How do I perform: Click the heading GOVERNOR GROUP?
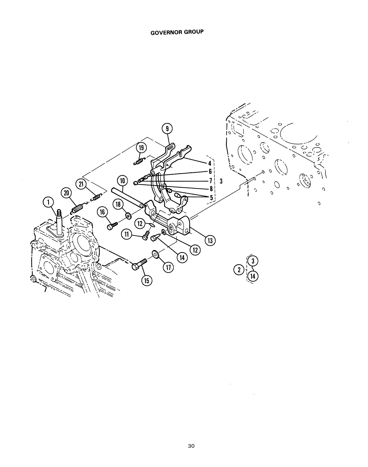177,32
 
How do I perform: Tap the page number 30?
191,446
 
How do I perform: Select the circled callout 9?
167,129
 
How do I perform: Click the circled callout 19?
141,148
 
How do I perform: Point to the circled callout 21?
81,184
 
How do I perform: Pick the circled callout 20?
67,193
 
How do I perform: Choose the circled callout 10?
122,181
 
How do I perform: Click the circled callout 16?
102,212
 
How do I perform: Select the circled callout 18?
118,204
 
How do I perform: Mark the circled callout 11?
127,234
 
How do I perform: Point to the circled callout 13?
210,241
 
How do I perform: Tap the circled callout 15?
147,281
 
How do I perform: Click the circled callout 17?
168,267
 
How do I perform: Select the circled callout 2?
239,270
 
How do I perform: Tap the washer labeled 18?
129,216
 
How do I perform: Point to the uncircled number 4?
209,163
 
